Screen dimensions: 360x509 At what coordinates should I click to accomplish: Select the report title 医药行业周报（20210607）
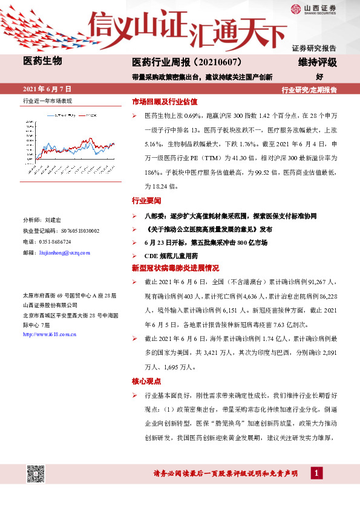[187, 62]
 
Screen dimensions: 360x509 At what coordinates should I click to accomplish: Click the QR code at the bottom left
[36, 475]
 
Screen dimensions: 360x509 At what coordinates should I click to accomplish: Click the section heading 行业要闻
[146, 200]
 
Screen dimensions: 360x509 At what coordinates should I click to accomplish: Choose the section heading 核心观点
[146, 381]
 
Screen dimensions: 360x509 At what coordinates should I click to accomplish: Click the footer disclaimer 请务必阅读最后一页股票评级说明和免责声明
[227, 473]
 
